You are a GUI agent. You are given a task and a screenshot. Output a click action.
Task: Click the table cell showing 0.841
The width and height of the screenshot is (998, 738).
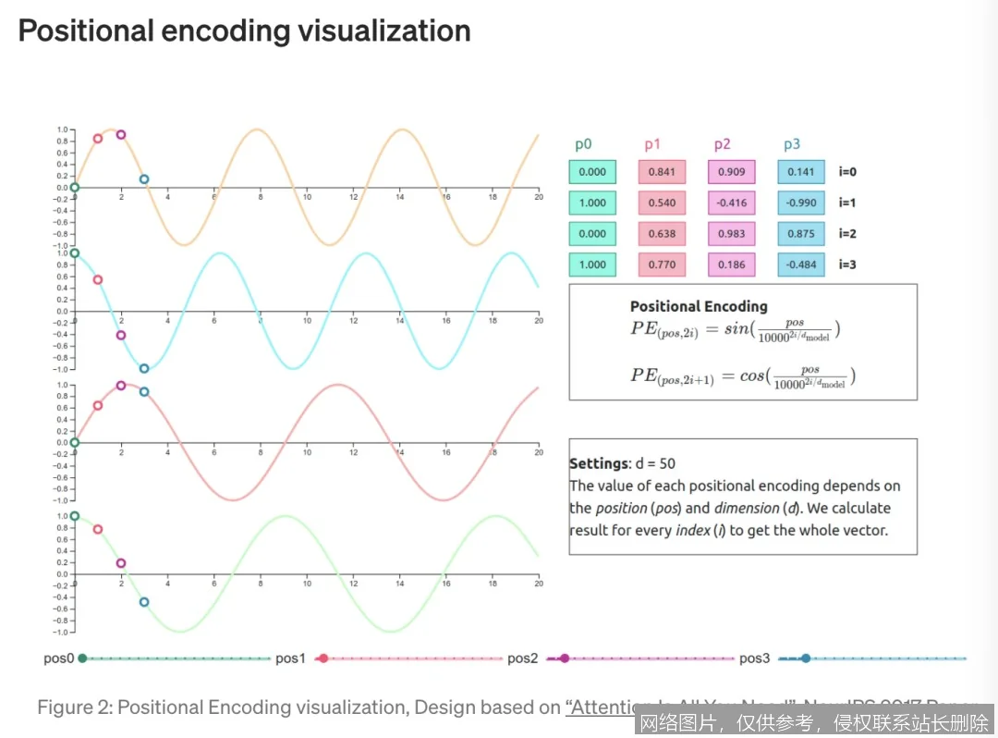pyautogui.click(x=662, y=172)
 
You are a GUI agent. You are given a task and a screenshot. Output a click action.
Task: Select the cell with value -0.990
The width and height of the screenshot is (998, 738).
pyautogui.click(x=801, y=203)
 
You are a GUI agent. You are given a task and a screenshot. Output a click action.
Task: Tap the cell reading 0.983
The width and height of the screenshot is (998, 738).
pyautogui.click(x=731, y=234)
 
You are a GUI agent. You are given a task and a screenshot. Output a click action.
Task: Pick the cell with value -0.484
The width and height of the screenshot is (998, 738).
pyautogui.click(x=801, y=264)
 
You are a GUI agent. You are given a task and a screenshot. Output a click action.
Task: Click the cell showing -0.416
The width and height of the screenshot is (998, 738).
pyautogui.click(x=731, y=203)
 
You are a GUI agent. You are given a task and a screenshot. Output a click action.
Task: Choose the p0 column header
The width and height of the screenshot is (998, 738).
pyautogui.click(x=583, y=144)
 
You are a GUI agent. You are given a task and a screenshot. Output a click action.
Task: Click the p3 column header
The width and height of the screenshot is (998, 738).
pyautogui.click(x=792, y=144)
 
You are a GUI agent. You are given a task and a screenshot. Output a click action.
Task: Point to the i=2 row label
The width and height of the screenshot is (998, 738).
pyautogui.click(x=847, y=234)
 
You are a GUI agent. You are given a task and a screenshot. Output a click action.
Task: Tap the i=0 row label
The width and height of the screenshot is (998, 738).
pyautogui.click(x=847, y=172)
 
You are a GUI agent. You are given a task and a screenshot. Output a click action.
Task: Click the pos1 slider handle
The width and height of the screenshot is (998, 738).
pyautogui.click(x=323, y=658)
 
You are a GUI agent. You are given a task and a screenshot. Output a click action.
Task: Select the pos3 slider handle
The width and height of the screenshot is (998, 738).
pyautogui.click(x=806, y=658)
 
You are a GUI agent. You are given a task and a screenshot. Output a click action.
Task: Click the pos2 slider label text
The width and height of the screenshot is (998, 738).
pyautogui.click(x=522, y=658)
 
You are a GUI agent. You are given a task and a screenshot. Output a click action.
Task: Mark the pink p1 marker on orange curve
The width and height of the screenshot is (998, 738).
pyautogui.click(x=98, y=139)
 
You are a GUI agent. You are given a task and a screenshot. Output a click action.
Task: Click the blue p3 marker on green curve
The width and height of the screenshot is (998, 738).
pyautogui.click(x=144, y=602)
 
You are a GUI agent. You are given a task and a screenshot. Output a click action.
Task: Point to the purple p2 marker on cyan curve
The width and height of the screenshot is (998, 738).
pyautogui.click(x=121, y=335)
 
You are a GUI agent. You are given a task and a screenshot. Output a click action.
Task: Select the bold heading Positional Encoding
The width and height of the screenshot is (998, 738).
pyautogui.click(x=699, y=306)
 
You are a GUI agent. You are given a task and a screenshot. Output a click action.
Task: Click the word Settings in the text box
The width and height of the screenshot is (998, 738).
pyautogui.click(x=598, y=463)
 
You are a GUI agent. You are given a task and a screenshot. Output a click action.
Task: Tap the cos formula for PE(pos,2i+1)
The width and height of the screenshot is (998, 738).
pyautogui.click(x=743, y=376)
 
